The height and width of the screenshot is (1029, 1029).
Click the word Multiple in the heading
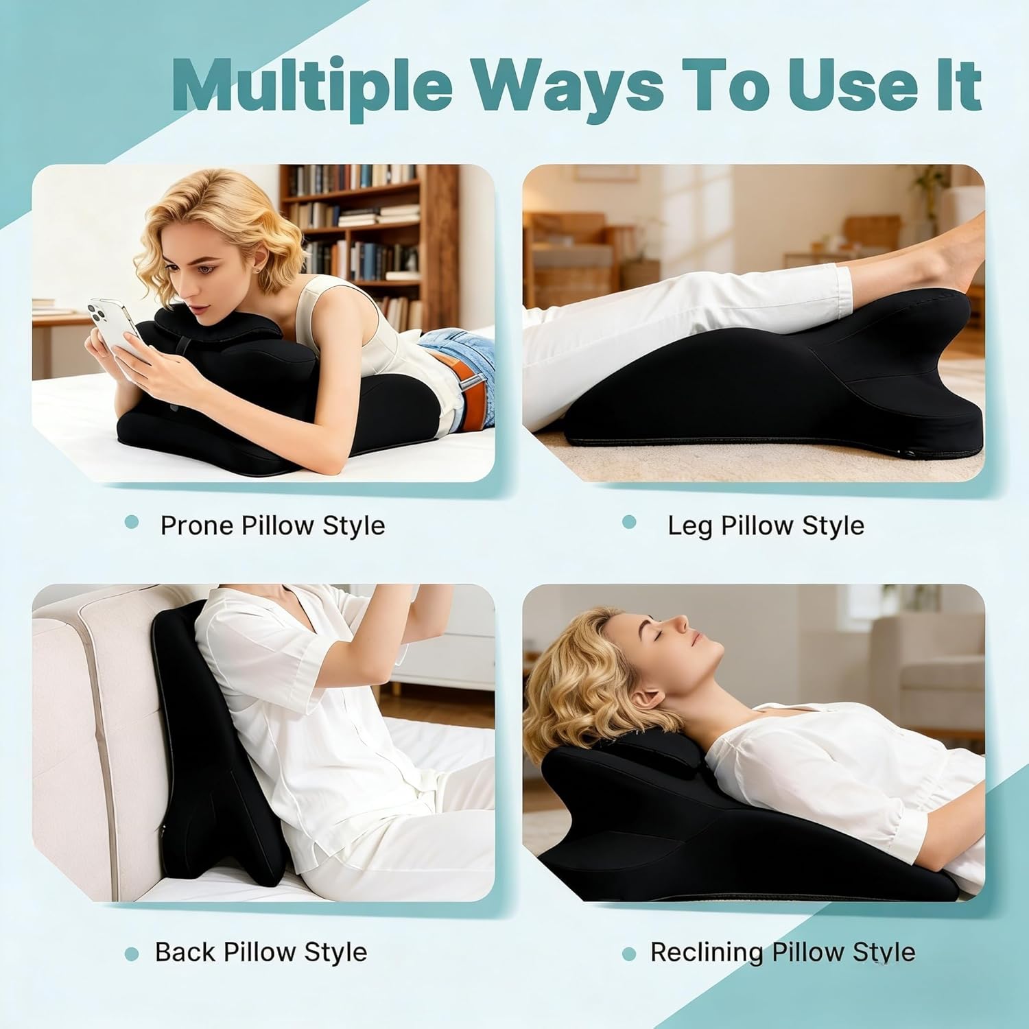[x=311, y=85]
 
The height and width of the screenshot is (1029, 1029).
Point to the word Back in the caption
[x=185, y=952]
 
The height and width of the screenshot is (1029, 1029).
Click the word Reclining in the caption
[x=706, y=952]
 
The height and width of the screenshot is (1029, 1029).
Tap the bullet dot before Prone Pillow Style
[x=132, y=523]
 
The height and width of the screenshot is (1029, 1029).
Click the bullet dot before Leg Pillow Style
[x=628, y=523]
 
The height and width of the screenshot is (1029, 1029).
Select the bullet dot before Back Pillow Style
[x=132, y=954]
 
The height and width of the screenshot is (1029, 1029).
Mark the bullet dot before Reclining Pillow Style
[x=628, y=954]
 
